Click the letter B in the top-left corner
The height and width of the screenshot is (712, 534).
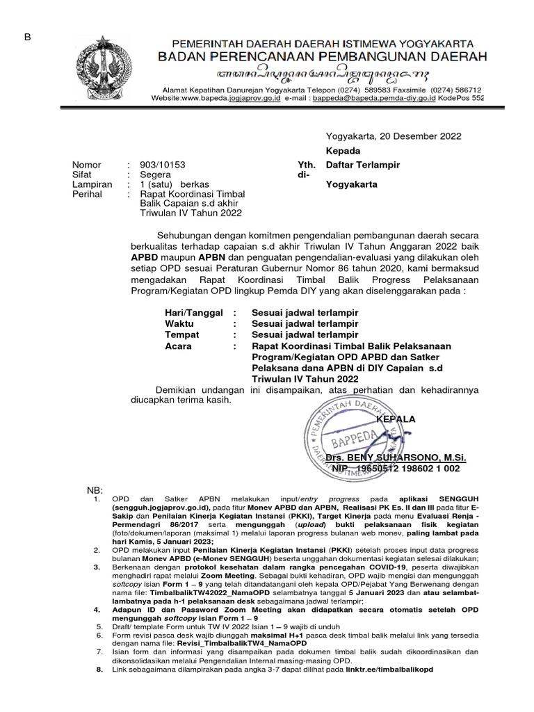coord(28,37)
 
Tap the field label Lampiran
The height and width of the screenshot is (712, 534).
coord(92,185)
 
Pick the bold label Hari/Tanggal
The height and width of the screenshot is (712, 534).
coord(193,313)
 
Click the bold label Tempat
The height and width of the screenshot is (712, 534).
coord(181,334)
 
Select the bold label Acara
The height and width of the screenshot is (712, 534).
coord(179,346)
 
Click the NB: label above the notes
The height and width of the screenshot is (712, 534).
coord(94,489)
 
